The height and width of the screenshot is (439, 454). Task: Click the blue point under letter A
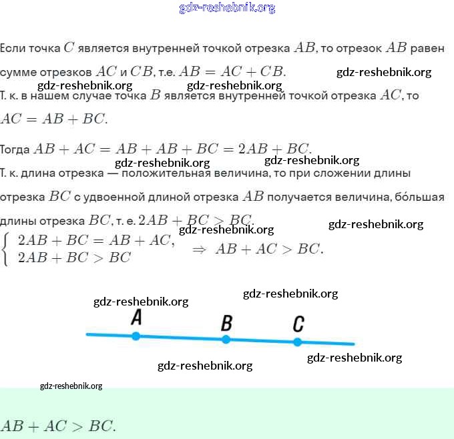pyautogui.click(x=136, y=336)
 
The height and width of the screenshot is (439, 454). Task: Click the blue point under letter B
pyautogui.click(x=226, y=340)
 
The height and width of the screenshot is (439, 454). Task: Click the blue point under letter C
pyautogui.click(x=298, y=342)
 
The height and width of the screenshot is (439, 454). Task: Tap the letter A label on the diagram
pyautogui.click(x=136, y=318)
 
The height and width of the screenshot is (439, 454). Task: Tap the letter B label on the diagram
pyautogui.click(x=226, y=324)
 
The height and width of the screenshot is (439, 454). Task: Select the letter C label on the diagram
pyautogui.click(x=298, y=324)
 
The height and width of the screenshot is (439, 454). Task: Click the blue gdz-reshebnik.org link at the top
pyautogui.click(x=227, y=8)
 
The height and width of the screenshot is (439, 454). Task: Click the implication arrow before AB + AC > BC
pyautogui.click(x=198, y=249)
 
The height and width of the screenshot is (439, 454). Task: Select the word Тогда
pyautogui.click(x=15, y=149)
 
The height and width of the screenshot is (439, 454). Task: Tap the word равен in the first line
pyautogui.click(x=427, y=48)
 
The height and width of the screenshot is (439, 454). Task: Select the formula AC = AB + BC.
pyautogui.click(x=53, y=119)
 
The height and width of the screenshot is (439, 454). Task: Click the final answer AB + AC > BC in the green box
pyautogui.click(x=59, y=426)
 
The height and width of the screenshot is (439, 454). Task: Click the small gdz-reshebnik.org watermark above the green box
pyautogui.click(x=71, y=386)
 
